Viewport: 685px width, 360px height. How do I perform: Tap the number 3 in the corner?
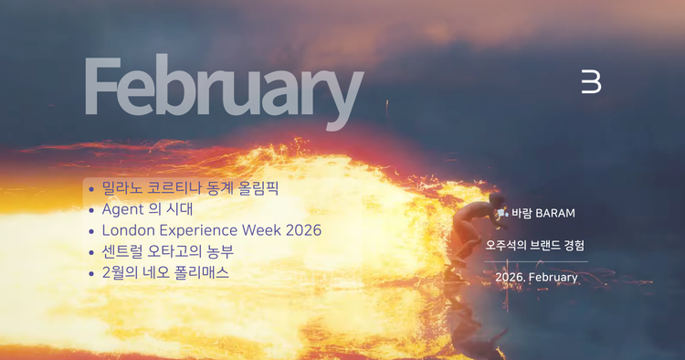click(591, 81)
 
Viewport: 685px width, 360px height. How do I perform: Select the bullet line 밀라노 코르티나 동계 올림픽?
click(190, 189)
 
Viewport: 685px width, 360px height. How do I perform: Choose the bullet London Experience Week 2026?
click(211, 230)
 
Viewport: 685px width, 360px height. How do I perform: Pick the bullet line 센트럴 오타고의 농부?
click(174, 251)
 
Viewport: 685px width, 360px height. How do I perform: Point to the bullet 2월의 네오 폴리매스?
click(165, 272)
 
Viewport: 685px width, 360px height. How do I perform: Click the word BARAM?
click(555, 214)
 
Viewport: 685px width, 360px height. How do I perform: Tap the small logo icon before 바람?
click(502, 214)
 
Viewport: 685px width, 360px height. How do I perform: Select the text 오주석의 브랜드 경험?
click(535, 246)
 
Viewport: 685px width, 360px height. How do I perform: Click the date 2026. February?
click(536, 277)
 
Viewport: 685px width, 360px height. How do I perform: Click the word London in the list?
click(129, 230)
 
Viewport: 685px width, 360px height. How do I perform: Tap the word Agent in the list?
click(124, 209)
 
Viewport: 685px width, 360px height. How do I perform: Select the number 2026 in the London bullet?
click(303, 230)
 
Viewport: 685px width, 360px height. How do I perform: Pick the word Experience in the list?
click(198, 230)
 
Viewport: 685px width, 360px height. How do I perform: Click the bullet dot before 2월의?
click(91, 273)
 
